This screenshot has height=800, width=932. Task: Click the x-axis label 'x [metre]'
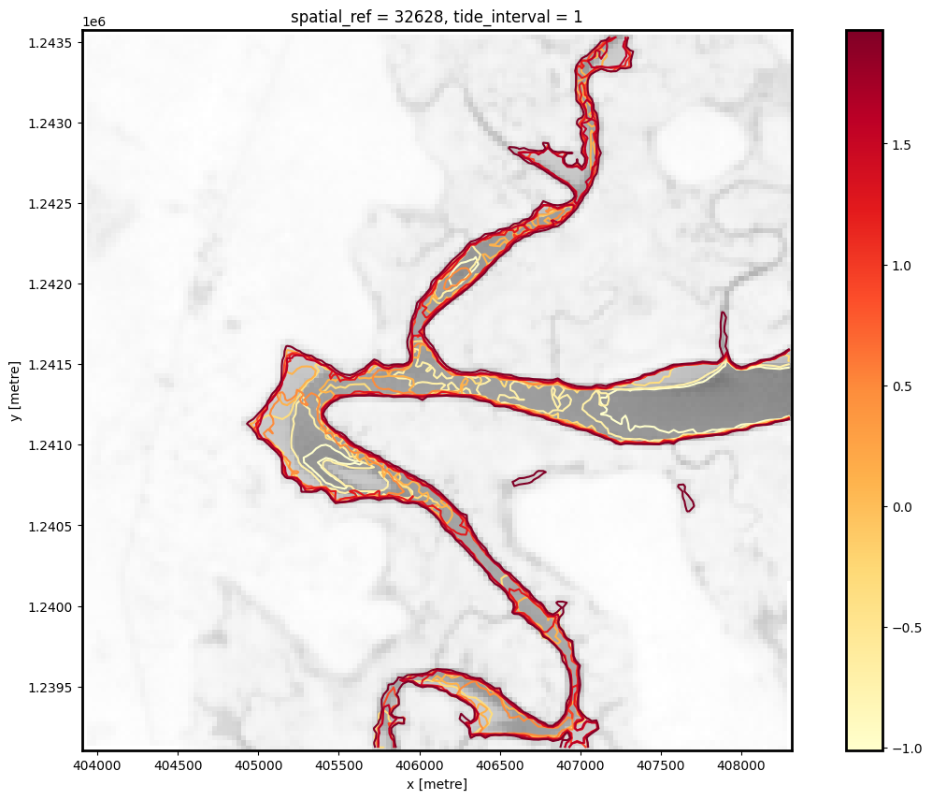point(437,784)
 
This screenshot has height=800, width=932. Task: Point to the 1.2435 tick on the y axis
point(55,43)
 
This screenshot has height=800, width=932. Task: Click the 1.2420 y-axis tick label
point(55,284)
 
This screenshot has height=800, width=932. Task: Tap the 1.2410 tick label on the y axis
point(55,445)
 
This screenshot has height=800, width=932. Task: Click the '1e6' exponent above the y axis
point(94,22)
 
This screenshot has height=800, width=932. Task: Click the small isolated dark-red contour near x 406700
point(528,479)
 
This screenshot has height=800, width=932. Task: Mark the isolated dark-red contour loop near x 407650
point(686,497)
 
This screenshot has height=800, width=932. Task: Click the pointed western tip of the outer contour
point(249,424)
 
